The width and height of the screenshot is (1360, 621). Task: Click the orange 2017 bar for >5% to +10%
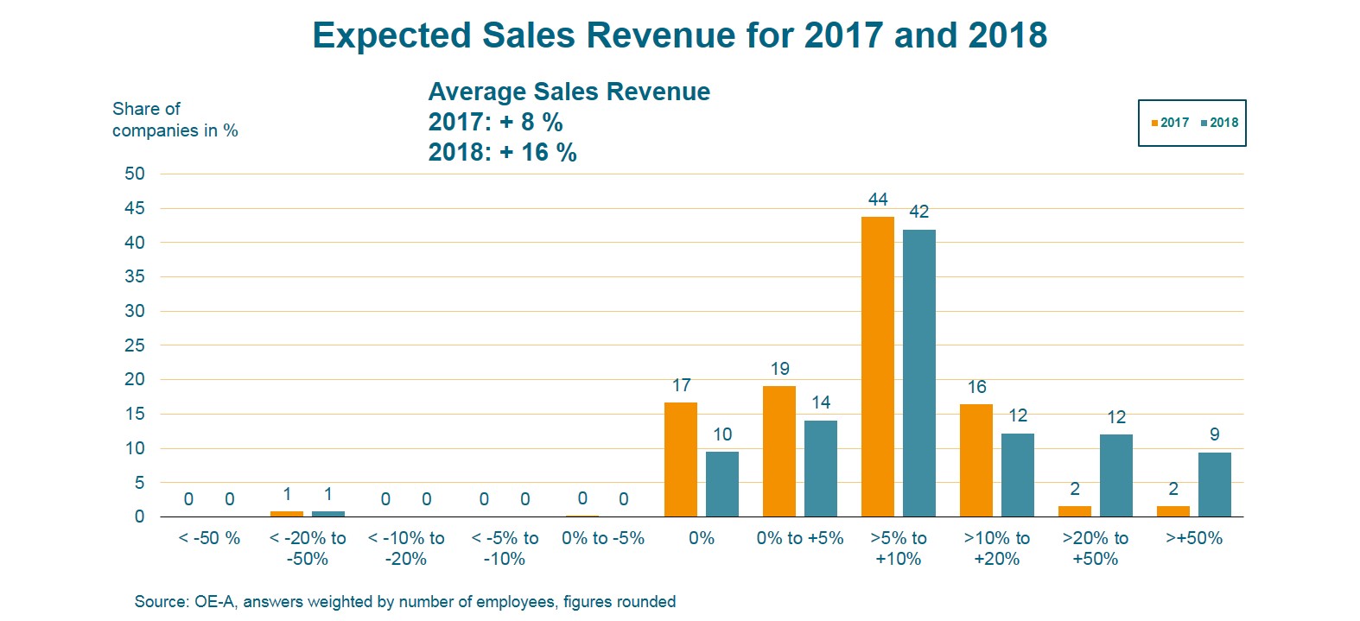point(877,367)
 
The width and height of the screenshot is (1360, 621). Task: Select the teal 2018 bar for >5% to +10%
point(918,373)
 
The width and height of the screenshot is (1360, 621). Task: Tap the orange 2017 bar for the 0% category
point(680,459)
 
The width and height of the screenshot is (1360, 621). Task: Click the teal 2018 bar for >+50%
point(1214,485)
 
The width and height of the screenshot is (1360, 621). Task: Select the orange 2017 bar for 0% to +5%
point(779,451)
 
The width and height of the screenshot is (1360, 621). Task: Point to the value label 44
point(878,200)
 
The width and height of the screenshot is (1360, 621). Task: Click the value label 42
point(918,212)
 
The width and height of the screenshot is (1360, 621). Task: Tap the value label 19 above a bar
point(779,369)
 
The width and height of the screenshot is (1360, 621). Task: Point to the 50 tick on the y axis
point(135,174)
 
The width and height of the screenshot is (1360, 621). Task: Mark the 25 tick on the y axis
point(135,345)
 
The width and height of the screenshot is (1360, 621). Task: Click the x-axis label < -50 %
point(209,538)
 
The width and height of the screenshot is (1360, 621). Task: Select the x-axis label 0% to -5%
point(602,538)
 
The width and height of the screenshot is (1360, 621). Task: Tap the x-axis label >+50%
point(1194,538)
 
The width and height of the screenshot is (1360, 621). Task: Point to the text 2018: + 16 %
point(502,153)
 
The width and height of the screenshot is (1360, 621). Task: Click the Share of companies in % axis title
point(175,120)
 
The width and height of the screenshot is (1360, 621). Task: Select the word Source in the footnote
point(161,602)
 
